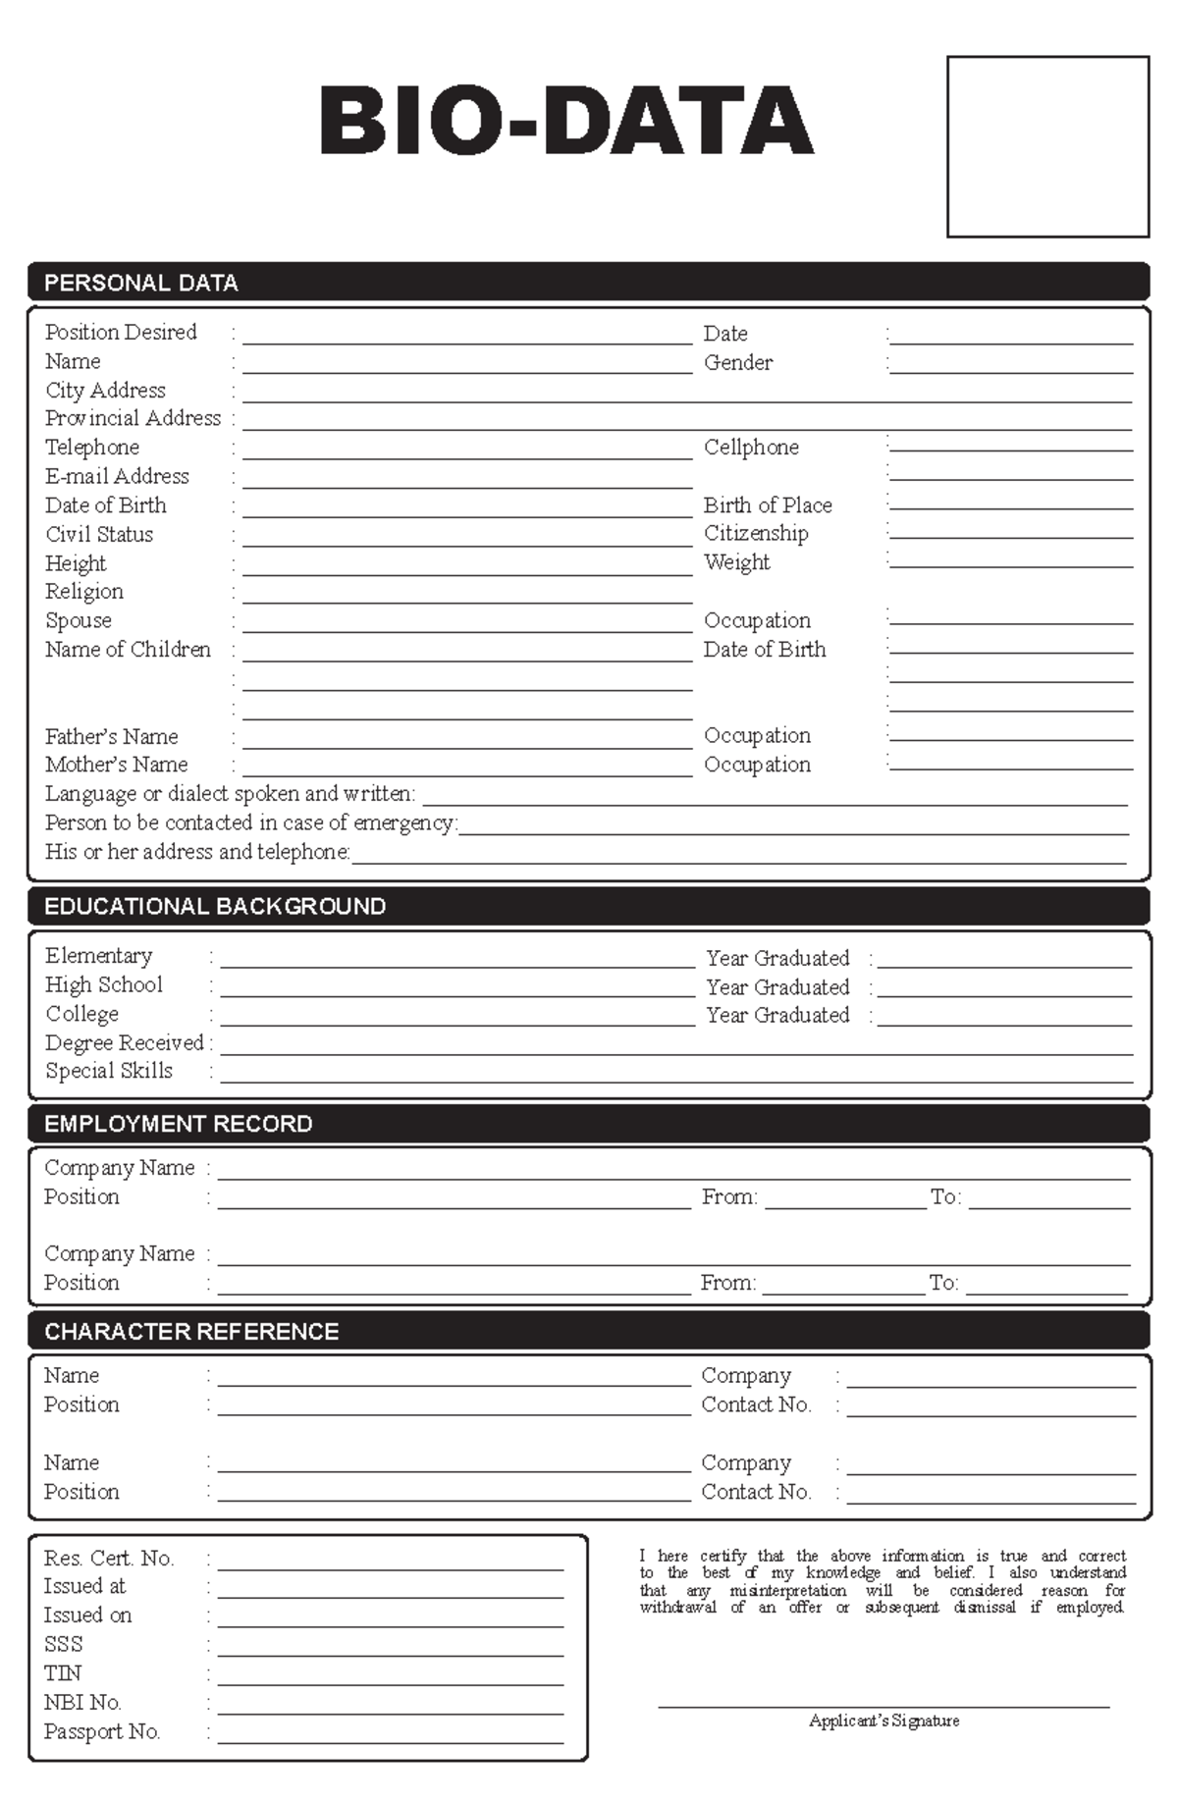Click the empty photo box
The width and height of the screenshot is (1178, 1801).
coord(1047,146)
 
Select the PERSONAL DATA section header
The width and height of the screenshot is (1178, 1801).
coord(141,283)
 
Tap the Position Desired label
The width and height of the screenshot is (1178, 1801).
coord(121,332)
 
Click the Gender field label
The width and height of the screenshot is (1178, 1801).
coord(738,362)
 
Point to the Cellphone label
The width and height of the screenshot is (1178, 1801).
coord(751,447)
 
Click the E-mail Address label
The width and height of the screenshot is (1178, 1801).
coord(117,476)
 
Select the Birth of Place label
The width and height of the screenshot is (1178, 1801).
coord(768,504)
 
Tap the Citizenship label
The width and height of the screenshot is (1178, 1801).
coord(756,533)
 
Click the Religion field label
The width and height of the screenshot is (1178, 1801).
coord(84,591)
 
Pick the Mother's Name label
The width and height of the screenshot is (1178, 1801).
coord(116,764)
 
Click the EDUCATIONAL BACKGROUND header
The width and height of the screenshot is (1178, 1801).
coord(215,906)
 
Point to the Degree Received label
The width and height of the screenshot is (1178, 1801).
coord(125,1042)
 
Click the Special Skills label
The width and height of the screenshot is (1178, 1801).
coord(109,1071)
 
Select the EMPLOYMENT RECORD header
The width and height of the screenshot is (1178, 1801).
coord(179,1124)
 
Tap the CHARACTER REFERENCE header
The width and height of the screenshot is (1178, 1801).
coord(191,1331)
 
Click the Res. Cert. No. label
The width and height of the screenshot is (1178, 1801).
coord(109,1558)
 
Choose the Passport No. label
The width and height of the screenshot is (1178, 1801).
coord(102,1731)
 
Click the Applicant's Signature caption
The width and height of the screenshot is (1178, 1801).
coord(883,1721)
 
